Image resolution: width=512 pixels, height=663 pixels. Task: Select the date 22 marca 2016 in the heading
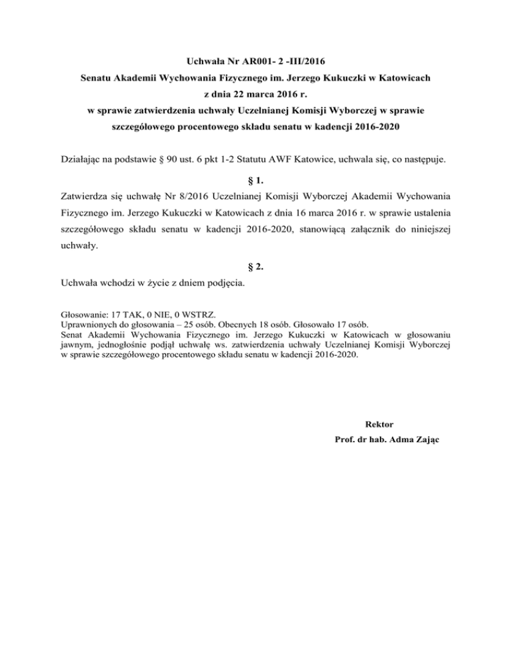(x=254, y=94)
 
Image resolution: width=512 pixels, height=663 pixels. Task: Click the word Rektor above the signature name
(x=380, y=424)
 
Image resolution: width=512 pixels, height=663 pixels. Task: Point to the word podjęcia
(x=222, y=285)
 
